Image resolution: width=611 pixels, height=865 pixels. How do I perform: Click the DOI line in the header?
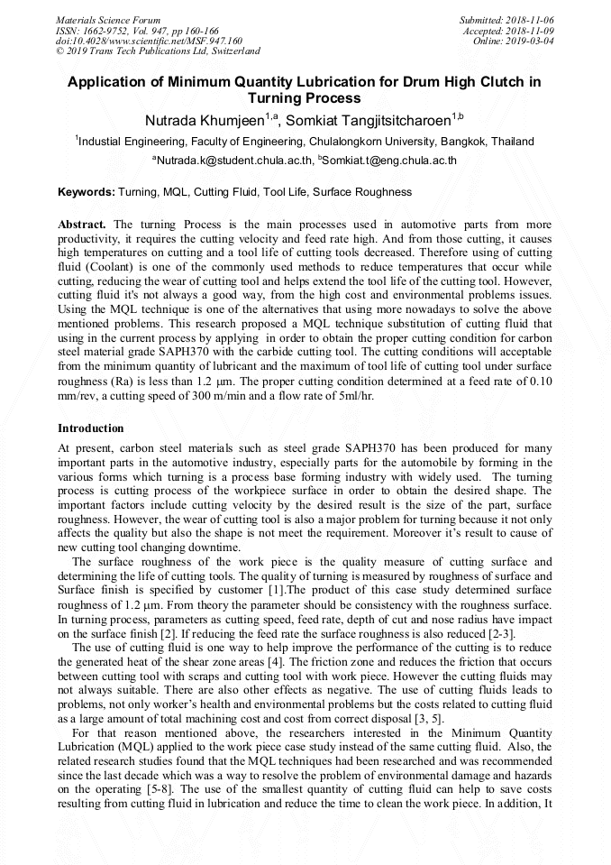coord(148,41)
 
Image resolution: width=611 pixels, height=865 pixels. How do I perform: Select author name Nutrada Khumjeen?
coord(205,120)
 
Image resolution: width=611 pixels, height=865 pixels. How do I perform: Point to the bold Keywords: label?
coord(87,192)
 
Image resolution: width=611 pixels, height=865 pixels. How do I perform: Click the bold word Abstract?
coord(82,224)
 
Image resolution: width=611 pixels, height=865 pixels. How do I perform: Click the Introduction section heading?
coord(91,428)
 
